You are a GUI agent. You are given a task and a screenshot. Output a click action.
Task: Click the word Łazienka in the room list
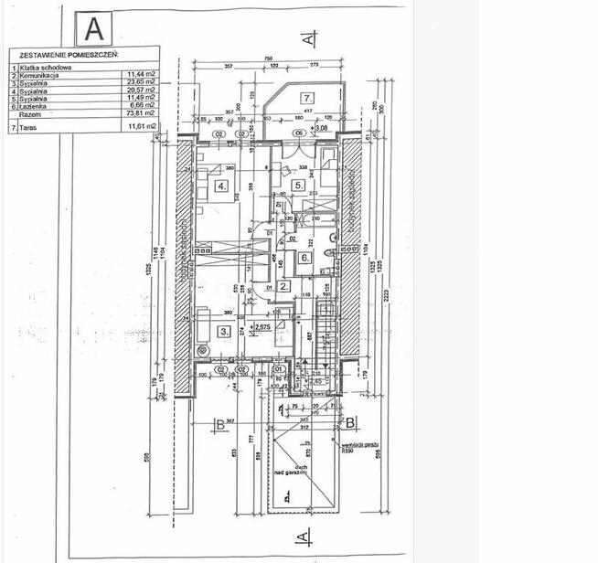click(34, 107)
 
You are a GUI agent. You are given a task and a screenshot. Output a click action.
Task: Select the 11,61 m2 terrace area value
click(140, 129)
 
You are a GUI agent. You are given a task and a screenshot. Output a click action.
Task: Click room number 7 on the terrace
click(308, 98)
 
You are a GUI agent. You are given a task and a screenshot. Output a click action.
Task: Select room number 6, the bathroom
click(304, 257)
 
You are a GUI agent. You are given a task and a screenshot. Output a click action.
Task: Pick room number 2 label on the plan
click(283, 287)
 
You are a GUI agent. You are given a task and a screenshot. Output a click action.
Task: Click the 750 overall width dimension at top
click(269, 59)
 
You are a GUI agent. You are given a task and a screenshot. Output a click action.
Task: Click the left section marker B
click(219, 423)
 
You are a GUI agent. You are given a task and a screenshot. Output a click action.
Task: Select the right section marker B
click(350, 423)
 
